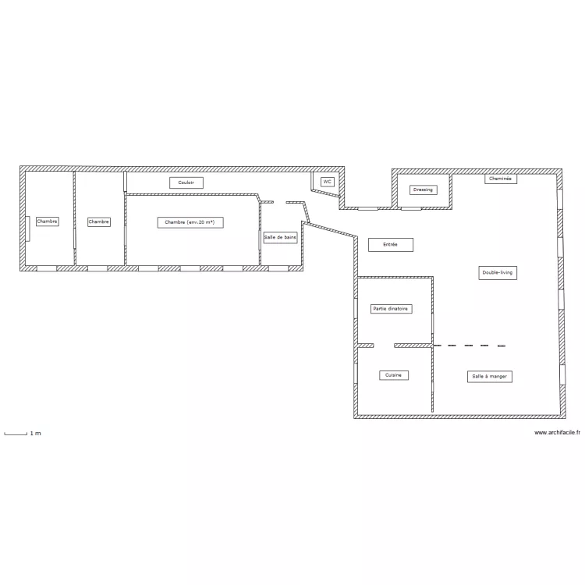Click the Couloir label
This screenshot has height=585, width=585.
[186, 183]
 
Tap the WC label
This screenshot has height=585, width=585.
[327, 182]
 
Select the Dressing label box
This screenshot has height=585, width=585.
[423, 190]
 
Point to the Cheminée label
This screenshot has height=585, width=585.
[501, 179]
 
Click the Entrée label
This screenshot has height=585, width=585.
[391, 245]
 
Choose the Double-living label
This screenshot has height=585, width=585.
[498, 273]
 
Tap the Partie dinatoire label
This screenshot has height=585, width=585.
[391, 309]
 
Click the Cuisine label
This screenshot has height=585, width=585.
[394, 375]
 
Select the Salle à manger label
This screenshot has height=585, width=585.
[490, 377]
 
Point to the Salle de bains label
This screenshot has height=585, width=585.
[280, 238]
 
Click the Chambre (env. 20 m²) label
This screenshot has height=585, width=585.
[190, 222]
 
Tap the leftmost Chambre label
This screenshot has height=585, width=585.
[48, 222]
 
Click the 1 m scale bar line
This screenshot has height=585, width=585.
[16, 434]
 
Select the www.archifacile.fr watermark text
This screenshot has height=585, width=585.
[557, 433]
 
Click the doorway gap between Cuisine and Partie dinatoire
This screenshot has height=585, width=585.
[384, 346]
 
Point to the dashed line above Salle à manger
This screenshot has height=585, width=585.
[470, 346]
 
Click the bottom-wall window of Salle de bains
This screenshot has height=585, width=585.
[278, 268]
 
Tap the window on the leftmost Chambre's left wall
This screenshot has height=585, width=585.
[27, 229]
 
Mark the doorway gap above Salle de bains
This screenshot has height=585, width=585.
[280, 202]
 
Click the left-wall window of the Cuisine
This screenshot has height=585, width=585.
[356, 373]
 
